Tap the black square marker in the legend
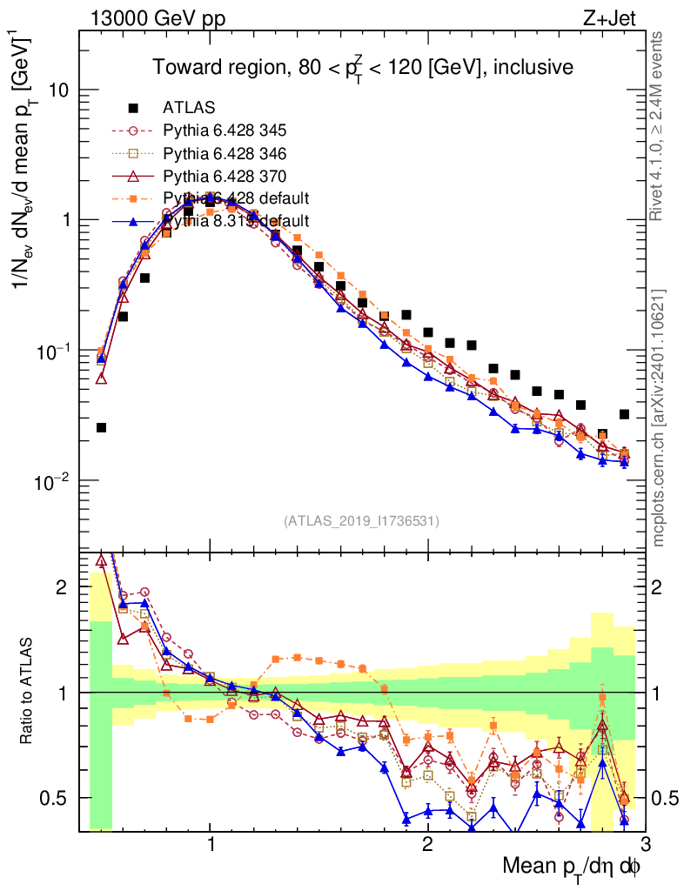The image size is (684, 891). coord(133,108)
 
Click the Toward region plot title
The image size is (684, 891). coord(362,67)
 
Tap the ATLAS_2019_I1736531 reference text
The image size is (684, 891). coord(361,521)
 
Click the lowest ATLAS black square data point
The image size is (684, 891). coord(101,427)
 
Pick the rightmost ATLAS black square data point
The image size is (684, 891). coord(624,414)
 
